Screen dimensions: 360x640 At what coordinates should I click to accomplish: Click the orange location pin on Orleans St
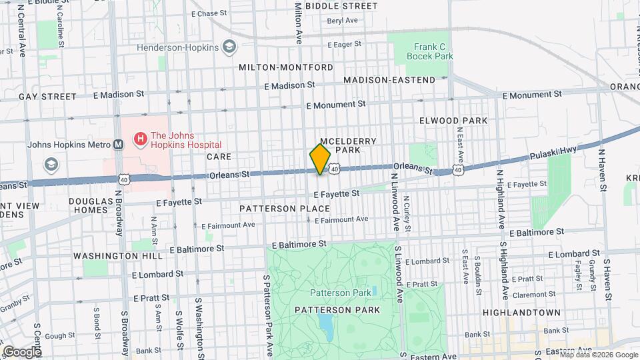click(320, 159)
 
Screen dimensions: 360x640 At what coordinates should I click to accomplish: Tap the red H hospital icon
click(141, 139)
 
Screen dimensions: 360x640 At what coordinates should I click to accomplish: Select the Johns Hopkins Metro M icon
click(118, 144)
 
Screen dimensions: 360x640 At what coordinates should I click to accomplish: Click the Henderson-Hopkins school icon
click(230, 47)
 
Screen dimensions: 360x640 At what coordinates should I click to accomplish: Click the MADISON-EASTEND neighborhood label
click(389, 80)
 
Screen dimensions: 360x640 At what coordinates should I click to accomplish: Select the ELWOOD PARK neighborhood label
click(453, 121)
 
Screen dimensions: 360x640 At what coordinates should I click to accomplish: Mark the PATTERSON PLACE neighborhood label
click(276, 209)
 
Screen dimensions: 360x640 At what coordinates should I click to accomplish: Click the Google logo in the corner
click(22, 351)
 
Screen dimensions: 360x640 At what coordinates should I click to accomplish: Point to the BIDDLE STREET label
click(341, 6)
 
